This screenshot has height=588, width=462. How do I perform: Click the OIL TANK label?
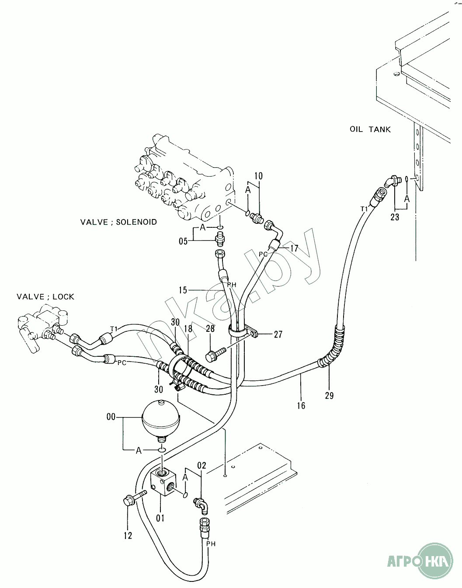coord(370,129)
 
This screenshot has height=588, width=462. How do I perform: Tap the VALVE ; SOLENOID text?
coord(118,222)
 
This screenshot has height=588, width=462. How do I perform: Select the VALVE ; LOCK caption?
coord(45,296)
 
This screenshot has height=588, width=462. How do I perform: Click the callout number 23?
coord(395,217)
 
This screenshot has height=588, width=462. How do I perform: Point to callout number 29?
coord(329,396)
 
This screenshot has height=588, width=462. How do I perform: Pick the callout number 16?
coord(301,406)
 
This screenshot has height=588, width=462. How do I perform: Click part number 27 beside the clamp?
coord(278,334)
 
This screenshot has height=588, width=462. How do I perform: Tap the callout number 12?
coord(128,536)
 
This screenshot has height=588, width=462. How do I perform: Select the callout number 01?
coord(160,518)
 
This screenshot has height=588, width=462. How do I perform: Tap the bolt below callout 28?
coord(215,355)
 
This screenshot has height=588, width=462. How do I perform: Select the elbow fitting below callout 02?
coord(201,506)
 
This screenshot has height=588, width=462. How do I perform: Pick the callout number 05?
coord(183,241)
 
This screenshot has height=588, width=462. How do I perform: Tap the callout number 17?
coord(294,248)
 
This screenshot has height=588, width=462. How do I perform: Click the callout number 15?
coord(183,290)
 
